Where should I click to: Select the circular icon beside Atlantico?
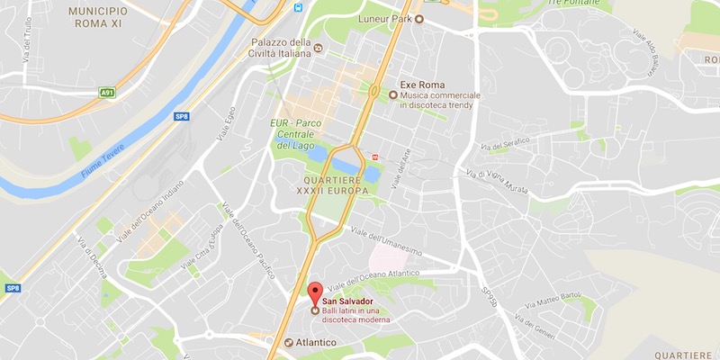pyautogui.click(x=287, y=343)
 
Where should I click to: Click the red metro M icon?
pyautogui.click(x=374, y=156)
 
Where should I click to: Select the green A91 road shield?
pyautogui.click(x=108, y=92)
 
